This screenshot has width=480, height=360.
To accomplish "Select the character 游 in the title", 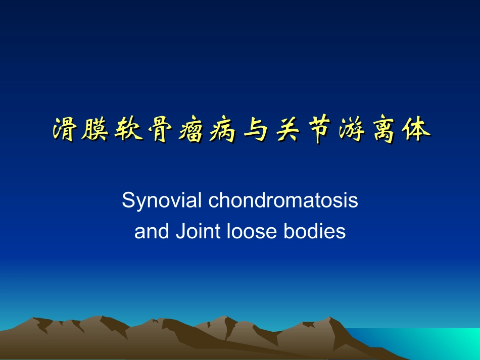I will pyautogui.click(x=352, y=130).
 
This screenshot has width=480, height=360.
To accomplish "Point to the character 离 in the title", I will pyautogui.click(x=384, y=130).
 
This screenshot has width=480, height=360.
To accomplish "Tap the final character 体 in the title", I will pyautogui.click(x=416, y=130).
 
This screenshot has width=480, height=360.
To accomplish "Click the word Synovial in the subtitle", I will pyautogui.click(x=162, y=201).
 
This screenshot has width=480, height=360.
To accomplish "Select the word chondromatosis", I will pyautogui.click(x=283, y=201).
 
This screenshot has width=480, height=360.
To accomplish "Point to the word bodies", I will pyautogui.click(x=314, y=231).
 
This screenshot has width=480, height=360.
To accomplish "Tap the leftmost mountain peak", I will pyautogui.click(x=35, y=320).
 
